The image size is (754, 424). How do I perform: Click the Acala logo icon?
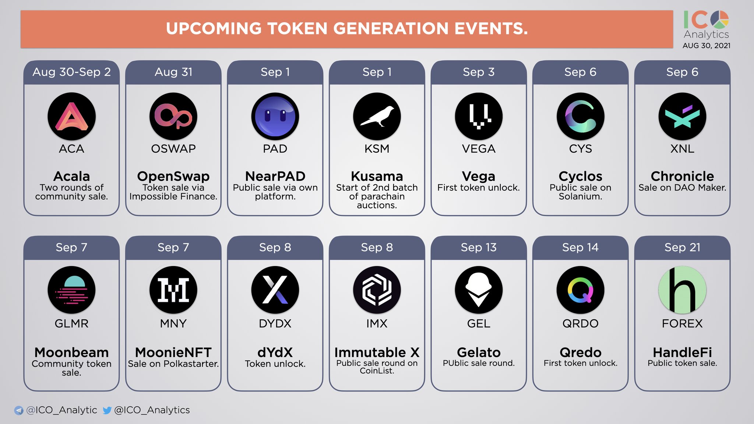(71, 116)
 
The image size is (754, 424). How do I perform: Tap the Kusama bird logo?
(377, 116)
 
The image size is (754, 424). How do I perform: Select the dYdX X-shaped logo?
(275, 290)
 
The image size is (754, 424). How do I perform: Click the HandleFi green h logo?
(682, 290)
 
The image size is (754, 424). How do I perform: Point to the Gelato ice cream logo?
(479, 290)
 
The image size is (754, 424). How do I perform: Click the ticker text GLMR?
(71, 324)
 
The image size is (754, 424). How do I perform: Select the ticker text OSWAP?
(173, 149)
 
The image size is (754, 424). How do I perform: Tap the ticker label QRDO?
(580, 324)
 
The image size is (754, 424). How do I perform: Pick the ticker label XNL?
(682, 149)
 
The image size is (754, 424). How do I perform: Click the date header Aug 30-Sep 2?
(71, 72)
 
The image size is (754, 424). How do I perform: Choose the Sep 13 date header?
(479, 247)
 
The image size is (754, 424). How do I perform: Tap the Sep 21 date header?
(682, 247)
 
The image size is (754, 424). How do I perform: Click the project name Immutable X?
(377, 353)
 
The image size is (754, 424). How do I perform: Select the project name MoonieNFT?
(173, 353)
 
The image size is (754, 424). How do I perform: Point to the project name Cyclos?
(580, 176)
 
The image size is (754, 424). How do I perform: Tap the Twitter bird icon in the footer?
(107, 410)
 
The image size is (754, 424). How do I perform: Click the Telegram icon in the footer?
(18, 410)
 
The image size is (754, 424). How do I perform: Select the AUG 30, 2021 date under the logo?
(706, 46)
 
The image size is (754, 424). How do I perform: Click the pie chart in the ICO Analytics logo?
(719, 20)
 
